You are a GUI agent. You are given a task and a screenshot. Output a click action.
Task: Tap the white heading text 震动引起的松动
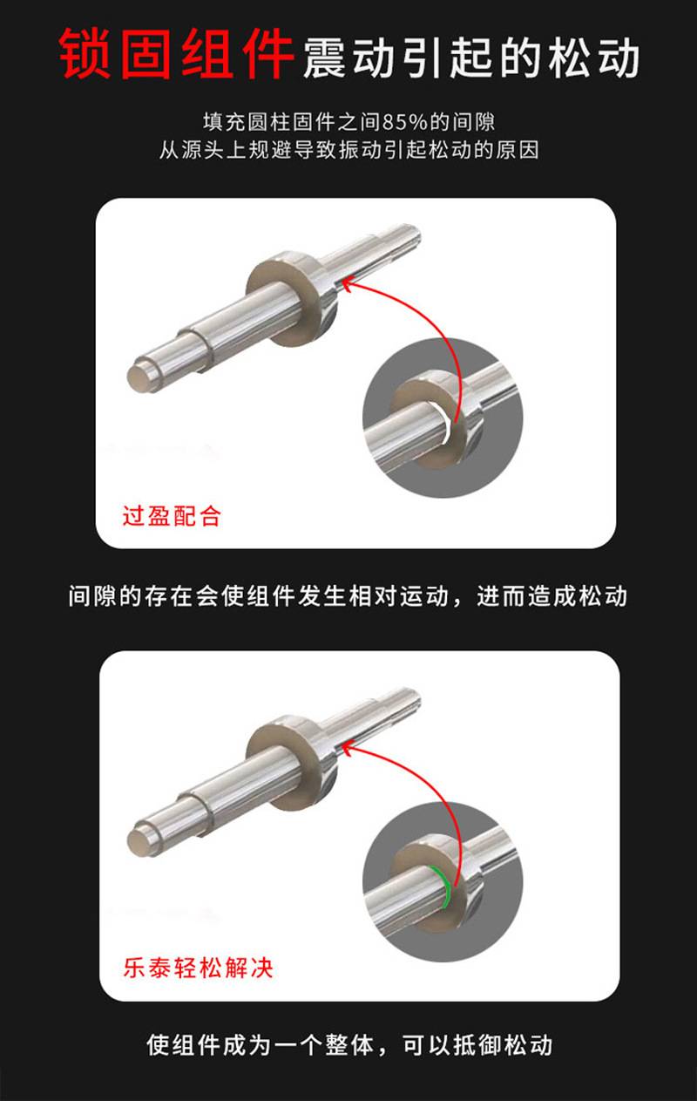[x=471, y=58]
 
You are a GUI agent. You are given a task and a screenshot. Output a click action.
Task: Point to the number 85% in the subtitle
[x=403, y=121]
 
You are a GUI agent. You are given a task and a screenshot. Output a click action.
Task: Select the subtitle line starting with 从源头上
[x=348, y=150]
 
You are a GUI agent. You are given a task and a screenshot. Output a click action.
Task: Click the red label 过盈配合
[x=172, y=516]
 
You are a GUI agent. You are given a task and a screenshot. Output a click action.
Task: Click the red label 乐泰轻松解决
[x=198, y=968]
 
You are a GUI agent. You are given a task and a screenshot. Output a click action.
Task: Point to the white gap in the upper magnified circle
[x=447, y=427]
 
